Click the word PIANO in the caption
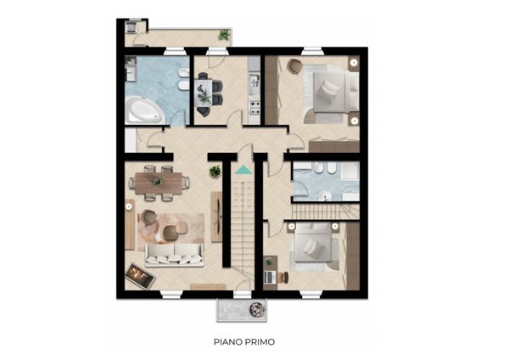227,342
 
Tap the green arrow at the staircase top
243,170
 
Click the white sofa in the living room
174,255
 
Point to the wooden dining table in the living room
159,183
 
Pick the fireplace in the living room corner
140,276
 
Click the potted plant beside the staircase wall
215,172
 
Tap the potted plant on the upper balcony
224,35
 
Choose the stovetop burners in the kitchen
255,108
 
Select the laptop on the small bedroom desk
269,277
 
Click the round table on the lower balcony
257,309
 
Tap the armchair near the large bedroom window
294,66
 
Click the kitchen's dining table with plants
205,93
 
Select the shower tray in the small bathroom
350,172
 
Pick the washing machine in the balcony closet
131,26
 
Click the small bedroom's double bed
312,244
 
